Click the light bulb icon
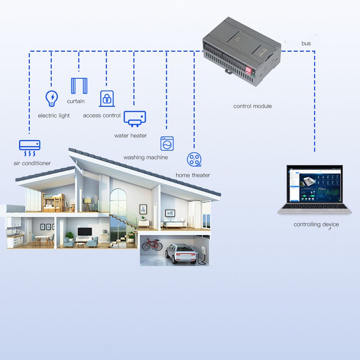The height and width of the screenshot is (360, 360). [x=52, y=98]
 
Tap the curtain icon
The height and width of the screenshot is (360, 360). [x=78, y=85]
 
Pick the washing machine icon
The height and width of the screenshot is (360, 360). [x=167, y=143]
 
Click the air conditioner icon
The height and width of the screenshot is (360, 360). [x=30, y=146]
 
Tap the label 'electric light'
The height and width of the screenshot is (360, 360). [x=54, y=116]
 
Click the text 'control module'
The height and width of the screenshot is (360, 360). [x=252, y=106]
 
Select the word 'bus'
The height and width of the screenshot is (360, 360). [x=306, y=43]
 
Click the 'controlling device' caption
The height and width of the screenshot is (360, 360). [x=316, y=224]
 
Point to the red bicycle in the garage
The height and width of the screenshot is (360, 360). [x=152, y=245]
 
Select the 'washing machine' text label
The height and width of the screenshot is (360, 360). [x=145, y=157]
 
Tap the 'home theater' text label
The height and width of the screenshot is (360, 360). [x=193, y=175]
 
